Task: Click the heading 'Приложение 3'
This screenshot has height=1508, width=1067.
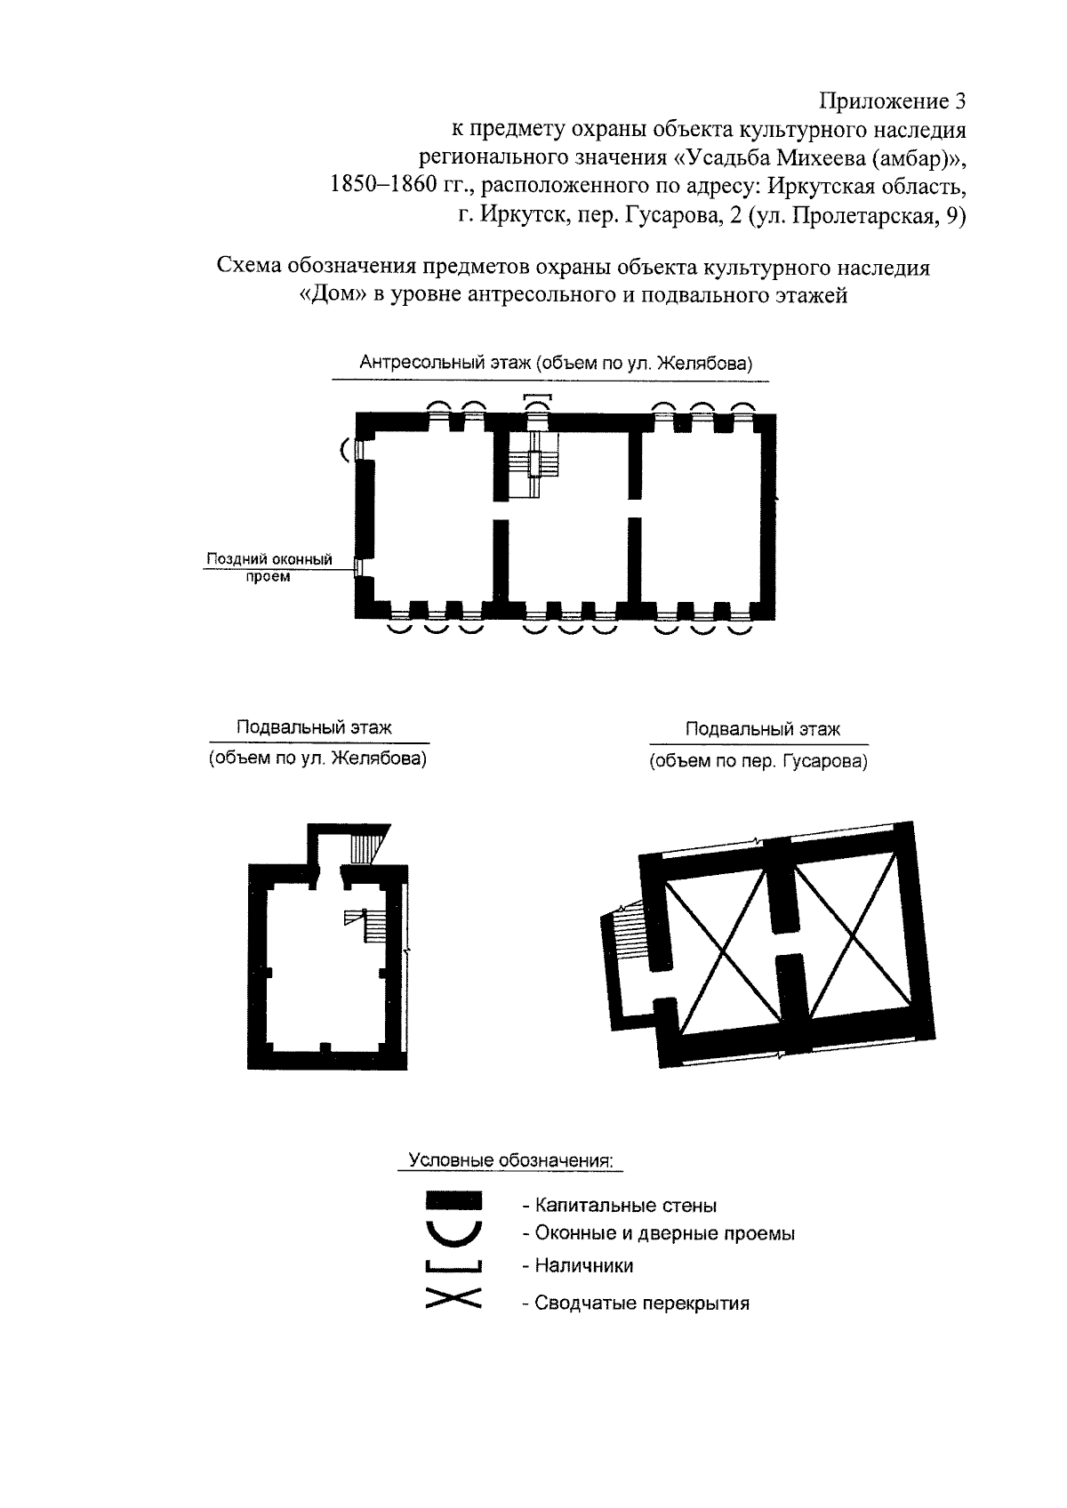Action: pyautogui.click(x=891, y=100)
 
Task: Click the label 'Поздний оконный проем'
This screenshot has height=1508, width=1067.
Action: pyautogui.click(x=269, y=567)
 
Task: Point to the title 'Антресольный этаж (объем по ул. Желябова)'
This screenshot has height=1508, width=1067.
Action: pyautogui.click(x=557, y=363)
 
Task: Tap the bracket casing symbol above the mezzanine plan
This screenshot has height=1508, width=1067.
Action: pyautogui.click(x=538, y=397)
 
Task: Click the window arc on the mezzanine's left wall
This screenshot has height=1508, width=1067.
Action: pyautogui.click(x=344, y=451)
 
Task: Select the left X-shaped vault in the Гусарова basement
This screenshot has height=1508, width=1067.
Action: pyautogui.click(x=718, y=950)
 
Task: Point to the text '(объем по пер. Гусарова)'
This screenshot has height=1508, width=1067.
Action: pyautogui.click(x=758, y=761)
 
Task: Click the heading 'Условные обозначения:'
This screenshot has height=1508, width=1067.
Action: pyautogui.click(x=510, y=1161)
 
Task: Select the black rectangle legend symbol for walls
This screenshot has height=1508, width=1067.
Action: pyautogui.click(x=453, y=1201)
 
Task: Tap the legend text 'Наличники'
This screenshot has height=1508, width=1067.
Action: pyautogui.click(x=578, y=1265)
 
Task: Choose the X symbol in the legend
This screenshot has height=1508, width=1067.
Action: pyautogui.click(x=453, y=1299)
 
